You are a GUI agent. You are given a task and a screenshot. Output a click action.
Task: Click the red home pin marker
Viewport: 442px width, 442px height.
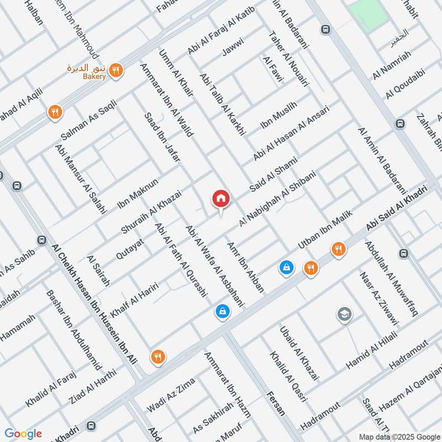click(x=221, y=199)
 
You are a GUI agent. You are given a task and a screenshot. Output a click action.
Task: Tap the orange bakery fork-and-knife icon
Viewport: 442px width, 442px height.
click(x=116, y=70)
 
